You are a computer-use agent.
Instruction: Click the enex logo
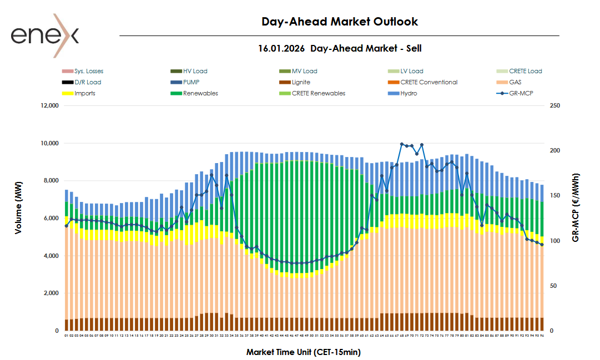tap(45, 36)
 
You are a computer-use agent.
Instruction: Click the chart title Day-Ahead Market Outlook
tap(339, 22)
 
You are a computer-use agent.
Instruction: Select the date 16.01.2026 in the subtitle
tap(281, 48)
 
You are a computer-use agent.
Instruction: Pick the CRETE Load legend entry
tap(525, 71)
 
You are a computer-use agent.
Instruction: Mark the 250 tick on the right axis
tap(554, 105)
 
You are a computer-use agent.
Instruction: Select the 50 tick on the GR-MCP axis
tap(553, 286)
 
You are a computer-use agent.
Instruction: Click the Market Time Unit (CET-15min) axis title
tap(304, 352)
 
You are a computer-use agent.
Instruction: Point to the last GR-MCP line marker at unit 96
tap(542, 245)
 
